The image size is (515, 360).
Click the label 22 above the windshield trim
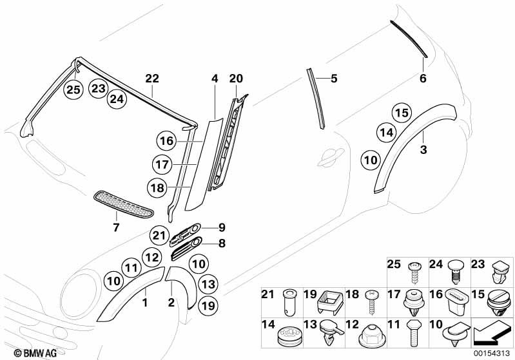click(152, 79)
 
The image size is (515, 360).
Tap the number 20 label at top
click(236, 79)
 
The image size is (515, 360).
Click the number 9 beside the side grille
click(221, 227)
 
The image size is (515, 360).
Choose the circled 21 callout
click(159, 235)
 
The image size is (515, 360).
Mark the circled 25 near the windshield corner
click(74, 90)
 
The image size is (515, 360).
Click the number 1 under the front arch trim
click(145, 301)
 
